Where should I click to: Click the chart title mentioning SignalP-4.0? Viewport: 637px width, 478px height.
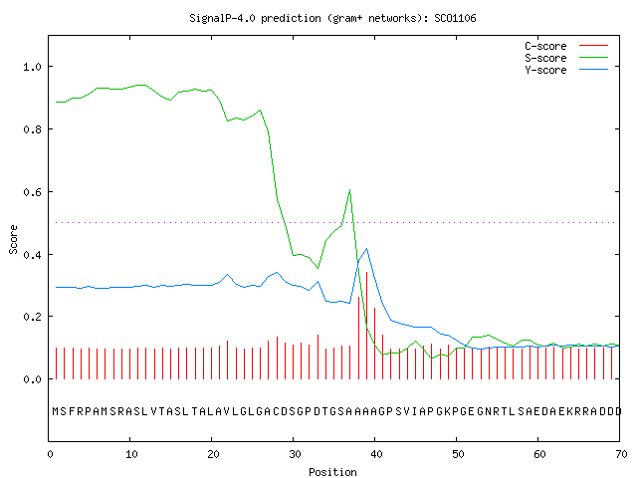coord(332,19)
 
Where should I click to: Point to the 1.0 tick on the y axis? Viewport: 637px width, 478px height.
coord(32,67)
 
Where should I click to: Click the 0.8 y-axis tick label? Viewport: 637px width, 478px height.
coord(32,129)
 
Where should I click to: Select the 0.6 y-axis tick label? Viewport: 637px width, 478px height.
coord(32,192)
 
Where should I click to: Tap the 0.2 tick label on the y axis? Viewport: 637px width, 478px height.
coord(32,317)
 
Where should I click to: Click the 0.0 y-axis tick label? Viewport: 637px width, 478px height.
coord(32,379)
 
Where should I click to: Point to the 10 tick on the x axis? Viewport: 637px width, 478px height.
coord(131,454)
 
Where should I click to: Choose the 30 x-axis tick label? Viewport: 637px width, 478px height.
coord(295,454)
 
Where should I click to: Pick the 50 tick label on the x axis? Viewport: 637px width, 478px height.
coord(458,454)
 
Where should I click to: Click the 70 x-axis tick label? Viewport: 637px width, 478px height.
coord(621,454)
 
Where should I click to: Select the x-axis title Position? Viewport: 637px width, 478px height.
coord(332,472)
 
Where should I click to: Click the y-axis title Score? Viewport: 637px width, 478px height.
coord(13,239)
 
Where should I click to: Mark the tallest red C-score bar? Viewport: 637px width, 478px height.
coord(367,326)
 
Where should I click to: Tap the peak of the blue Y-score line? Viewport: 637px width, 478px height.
coord(367,248)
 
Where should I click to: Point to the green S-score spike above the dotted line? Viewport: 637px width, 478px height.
coord(349,190)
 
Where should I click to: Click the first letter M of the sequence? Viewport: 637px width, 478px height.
coord(56,411)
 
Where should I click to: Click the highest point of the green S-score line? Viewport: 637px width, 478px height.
coord(141,85)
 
